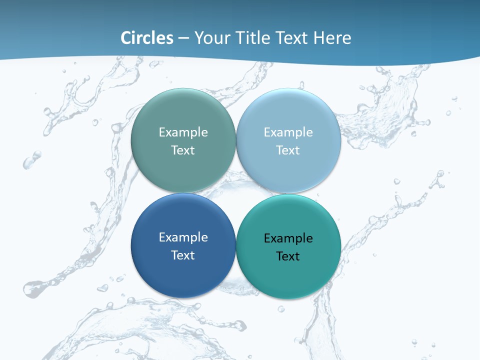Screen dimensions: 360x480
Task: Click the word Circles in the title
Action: (x=147, y=38)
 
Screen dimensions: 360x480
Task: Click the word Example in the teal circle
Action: (x=288, y=238)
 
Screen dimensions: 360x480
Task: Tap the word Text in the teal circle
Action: (x=288, y=256)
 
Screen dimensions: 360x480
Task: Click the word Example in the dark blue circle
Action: (x=183, y=237)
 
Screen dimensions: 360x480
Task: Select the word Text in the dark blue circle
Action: (x=183, y=255)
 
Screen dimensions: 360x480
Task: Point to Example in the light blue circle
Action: (x=288, y=132)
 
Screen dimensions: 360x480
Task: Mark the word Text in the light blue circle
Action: (x=288, y=150)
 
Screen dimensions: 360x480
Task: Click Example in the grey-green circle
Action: (x=183, y=132)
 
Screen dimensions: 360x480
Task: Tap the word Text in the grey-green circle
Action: (x=183, y=150)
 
